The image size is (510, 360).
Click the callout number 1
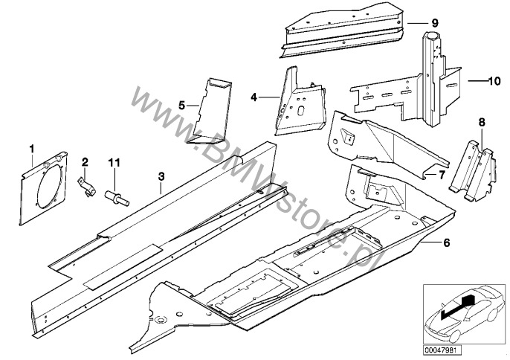(32, 149)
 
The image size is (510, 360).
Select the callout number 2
(85, 161)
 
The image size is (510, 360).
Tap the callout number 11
(114, 162)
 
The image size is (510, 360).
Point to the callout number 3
(161, 176)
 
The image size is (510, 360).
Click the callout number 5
(182, 105)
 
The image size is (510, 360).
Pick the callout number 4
(254, 97)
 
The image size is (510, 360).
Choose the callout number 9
(435, 23)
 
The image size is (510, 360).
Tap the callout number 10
(494, 81)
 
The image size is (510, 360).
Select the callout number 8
(482, 123)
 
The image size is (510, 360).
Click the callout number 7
(442, 175)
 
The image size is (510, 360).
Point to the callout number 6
(447, 242)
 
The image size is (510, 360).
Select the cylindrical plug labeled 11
(117, 199)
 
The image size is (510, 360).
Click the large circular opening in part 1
(48, 185)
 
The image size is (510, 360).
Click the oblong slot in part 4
(301, 110)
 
